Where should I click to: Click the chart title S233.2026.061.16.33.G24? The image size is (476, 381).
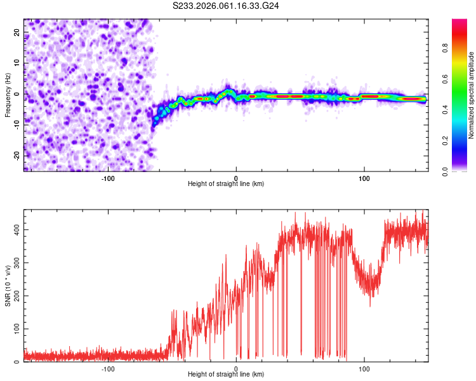pyautogui.click(x=227, y=6)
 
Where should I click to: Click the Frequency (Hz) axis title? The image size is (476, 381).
pyautogui.click(x=8, y=95)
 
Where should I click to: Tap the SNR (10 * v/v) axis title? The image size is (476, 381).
pyautogui.click(x=8, y=285)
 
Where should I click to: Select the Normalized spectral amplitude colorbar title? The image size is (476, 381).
pyautogui.click(x=472, y=95)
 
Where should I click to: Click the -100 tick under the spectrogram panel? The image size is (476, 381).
pyautogui.click(x=108, y=178)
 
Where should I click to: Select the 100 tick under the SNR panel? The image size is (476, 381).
pyautogui.click(x=364, y=368)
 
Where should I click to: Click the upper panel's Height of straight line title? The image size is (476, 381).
pyautogui.click(x=226, y=184)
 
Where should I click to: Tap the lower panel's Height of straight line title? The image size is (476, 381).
pyautogui.click(x=226, y=375)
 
